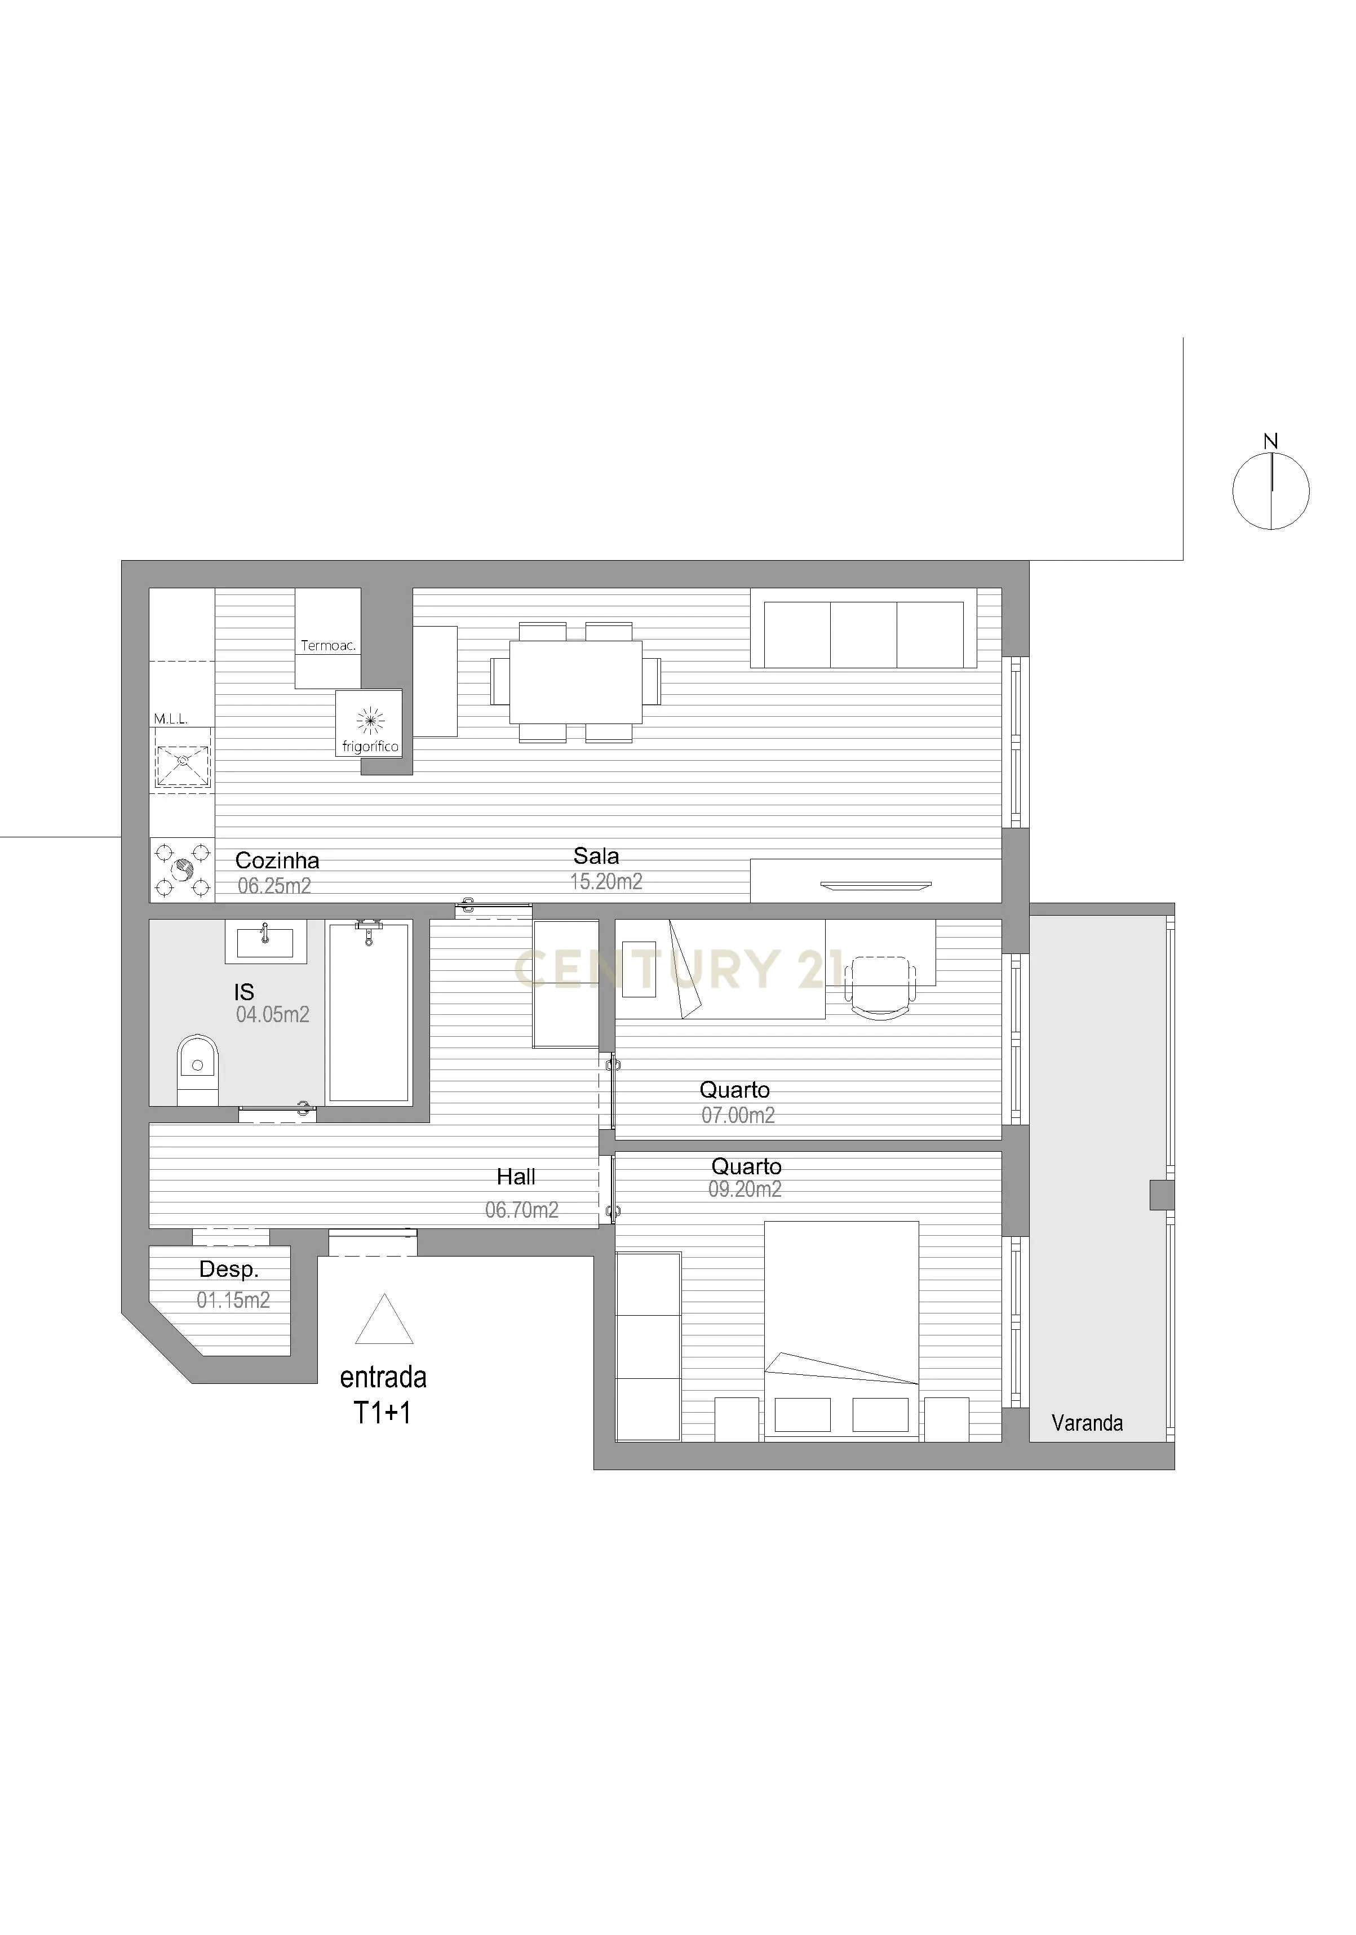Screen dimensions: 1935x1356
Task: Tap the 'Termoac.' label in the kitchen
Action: click(328, 646)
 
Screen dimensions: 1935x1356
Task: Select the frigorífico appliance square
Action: click(369, 723)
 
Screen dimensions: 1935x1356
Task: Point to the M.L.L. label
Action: click(170, 719)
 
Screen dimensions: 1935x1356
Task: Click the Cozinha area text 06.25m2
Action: click(274, 886)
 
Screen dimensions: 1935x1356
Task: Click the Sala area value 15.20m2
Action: click(606, 881)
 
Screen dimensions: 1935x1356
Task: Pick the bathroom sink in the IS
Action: click(265, 942)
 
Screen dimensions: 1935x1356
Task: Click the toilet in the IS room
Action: click(198, 1068)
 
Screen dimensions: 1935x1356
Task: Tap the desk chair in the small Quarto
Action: click(880, 987)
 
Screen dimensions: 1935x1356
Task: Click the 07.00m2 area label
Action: click(738, 1115)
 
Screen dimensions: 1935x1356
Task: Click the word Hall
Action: click(516, 1177)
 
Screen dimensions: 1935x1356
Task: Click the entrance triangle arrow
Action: click(384, 1321)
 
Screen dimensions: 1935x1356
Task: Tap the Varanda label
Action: click(1087, 1423)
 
